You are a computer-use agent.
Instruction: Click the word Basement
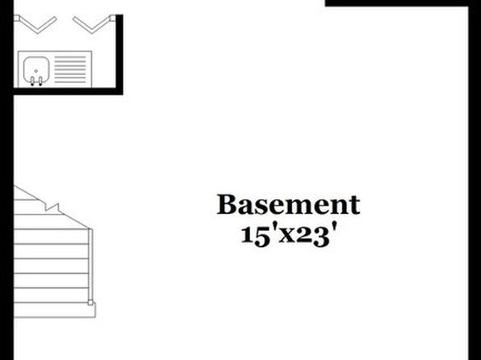coord(288,204)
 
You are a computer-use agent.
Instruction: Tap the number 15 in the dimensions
coord(253,236)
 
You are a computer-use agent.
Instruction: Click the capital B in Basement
coord(228,204)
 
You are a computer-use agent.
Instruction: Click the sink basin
coord(36,69)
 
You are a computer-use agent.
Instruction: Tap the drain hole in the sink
coord(36,71)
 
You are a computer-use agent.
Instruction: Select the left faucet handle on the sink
coord(32,81)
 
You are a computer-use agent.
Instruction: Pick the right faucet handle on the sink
coord(40,81)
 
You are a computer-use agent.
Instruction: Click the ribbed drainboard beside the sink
coord(70,69)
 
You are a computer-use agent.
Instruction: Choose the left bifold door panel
coord(36,24)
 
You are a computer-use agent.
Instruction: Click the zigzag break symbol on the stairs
coord(52,207)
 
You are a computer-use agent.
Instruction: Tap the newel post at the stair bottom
coord(90,303)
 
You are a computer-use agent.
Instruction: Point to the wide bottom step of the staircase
coord(55,310)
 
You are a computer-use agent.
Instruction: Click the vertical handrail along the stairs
coord(90,265)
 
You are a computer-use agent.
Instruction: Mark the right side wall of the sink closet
coord(119,54)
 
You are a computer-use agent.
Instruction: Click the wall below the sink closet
coord(68,91)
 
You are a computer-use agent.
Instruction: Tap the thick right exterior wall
coord(475,180)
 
